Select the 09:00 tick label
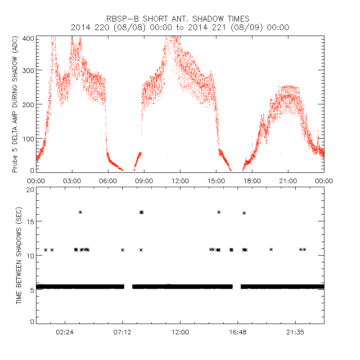(x=144, y=180)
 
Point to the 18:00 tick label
(x=252, y=180)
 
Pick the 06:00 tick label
(x=108, y=180)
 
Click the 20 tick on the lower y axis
(x=30, y=189)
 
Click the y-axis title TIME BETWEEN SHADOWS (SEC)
(x=19, y=255)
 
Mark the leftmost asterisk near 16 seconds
(x=81, y=212)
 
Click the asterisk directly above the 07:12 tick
(x=122, y=250)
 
